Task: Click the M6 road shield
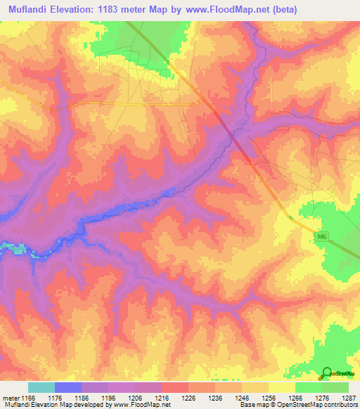click(x=321, y=238)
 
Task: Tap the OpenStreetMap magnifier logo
click(x=327, y=373)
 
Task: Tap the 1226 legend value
click(x=188, y=397)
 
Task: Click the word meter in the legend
click(x=10, y=397)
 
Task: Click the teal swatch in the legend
click(x=41, y=387)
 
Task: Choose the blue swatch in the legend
click(x=68, y=387)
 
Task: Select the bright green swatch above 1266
click(x=308, y=387)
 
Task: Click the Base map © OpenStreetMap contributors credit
click(x=297, y=405)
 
